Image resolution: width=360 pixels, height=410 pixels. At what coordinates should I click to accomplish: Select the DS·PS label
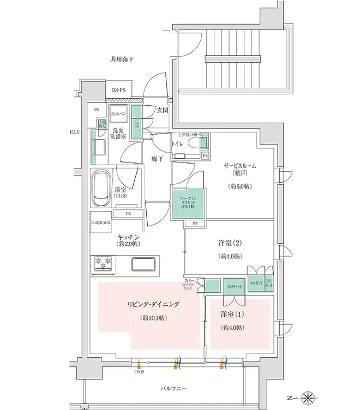pos(118,90)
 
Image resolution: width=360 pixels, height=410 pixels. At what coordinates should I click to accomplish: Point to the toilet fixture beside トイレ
pos(194,143)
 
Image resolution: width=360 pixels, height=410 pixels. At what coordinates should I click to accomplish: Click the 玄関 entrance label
pos(162,111)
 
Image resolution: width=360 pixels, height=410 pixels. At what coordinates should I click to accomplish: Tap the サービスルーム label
pos(239,165)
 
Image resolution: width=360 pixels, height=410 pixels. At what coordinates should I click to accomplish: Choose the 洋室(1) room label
pos(232,315)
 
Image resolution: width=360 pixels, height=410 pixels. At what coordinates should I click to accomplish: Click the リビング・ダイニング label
pos(153,304)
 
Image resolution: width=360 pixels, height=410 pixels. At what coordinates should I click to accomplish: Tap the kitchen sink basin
pos(143,263)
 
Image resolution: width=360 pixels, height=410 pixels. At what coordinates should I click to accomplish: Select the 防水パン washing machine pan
pos(118,114)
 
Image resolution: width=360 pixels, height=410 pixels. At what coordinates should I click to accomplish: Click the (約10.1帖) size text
pos(154,318)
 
